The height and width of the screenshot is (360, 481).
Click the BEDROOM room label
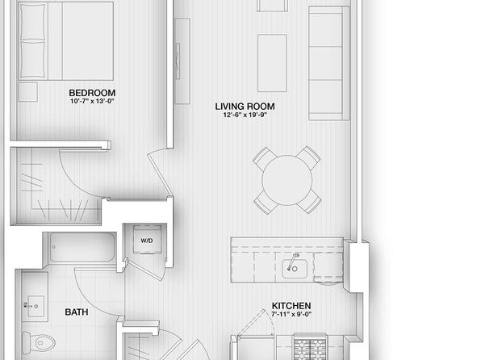pos(92,93)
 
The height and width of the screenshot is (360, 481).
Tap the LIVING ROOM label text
pos(245,107)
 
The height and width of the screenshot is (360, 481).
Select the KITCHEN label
pos(291,306)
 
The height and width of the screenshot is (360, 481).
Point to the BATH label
pos(77,312)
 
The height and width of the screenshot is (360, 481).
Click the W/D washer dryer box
pos(147,240)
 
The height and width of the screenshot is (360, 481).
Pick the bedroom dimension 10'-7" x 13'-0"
pos(92,101)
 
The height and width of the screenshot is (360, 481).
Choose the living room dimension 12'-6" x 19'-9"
pos(245,115)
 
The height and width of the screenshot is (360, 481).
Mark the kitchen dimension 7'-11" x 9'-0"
pos(291,314)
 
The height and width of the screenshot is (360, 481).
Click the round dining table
pos(287,181)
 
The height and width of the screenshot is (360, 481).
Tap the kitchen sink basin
pos(295,269)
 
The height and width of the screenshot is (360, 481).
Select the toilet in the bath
pos(39,342)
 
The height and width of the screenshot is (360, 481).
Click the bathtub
pos(82,247)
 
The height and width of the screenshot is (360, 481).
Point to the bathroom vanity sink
pos(36,306)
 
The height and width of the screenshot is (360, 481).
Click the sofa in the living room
pos(329,63)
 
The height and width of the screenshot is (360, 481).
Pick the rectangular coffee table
pos(272,63)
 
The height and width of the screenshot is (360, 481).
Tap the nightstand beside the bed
pos(28,92)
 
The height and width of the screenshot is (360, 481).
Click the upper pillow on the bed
pos(32,22)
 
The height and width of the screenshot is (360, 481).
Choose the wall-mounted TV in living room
pos(178,61)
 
